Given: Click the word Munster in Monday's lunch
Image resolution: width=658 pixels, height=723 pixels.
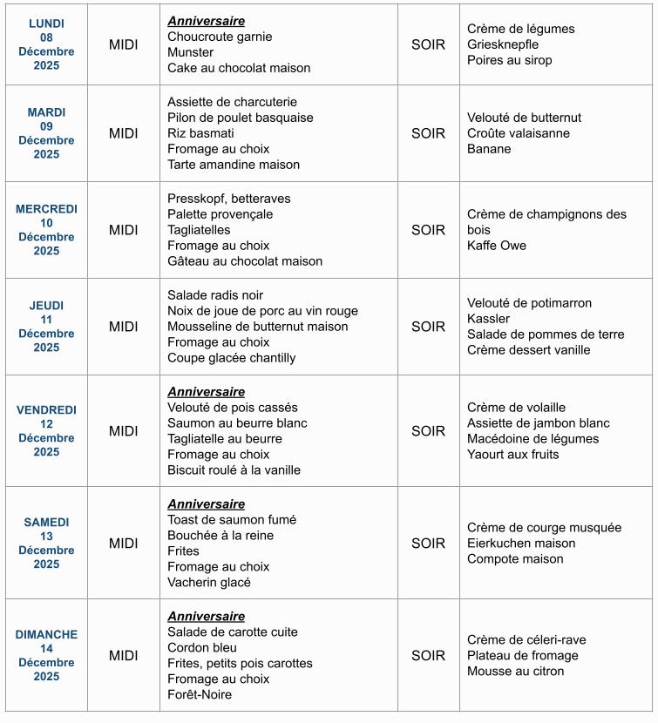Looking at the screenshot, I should click(190, 52).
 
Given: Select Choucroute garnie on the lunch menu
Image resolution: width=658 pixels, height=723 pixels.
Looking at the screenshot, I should click(220, 37).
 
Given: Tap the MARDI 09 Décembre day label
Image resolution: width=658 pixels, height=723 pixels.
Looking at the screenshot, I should click(46, 133).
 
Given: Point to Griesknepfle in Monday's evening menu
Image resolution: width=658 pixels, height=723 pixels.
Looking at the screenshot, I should click(503, 44).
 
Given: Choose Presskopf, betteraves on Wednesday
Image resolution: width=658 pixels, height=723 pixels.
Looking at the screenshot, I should click(229, 199).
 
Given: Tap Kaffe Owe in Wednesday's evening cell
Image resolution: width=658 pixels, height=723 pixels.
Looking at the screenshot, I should click(497, 246).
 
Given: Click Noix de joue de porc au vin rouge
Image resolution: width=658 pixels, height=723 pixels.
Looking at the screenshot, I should click(262, 311).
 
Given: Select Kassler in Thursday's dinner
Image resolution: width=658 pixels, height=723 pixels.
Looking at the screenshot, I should click(488, 319).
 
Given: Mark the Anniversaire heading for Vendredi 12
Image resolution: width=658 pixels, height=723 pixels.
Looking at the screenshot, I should click(206, 392).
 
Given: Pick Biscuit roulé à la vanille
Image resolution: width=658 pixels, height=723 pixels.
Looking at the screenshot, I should click(234, 470).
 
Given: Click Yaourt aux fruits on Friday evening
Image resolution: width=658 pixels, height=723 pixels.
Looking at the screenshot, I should click(513, 455).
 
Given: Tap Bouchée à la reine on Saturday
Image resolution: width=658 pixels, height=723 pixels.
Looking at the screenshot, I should click(220, 536).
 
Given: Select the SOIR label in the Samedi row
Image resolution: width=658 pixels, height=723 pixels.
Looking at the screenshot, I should click(428, 544).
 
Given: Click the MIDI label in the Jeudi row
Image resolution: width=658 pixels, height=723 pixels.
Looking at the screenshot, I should click(123, 327).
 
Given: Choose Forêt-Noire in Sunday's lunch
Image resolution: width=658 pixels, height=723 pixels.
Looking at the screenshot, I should click(200, 695).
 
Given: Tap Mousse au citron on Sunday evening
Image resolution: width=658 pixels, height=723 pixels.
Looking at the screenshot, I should click(515, 672).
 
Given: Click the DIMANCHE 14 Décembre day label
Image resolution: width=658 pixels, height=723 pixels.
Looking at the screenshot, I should click(46, 656).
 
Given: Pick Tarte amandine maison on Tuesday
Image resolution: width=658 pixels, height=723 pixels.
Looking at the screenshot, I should click(234, 165).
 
